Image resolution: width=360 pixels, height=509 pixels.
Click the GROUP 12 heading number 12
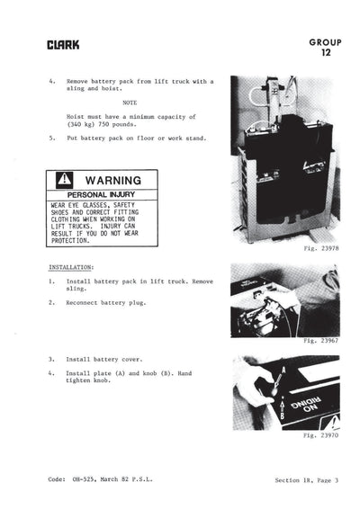click(x=325, y=53)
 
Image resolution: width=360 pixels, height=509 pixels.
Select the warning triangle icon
click(x=65, y=180)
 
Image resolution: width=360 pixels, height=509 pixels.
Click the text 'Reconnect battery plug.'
click(x=106, y=303)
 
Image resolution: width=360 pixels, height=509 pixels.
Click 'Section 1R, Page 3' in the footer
click(x=306, y=480)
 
